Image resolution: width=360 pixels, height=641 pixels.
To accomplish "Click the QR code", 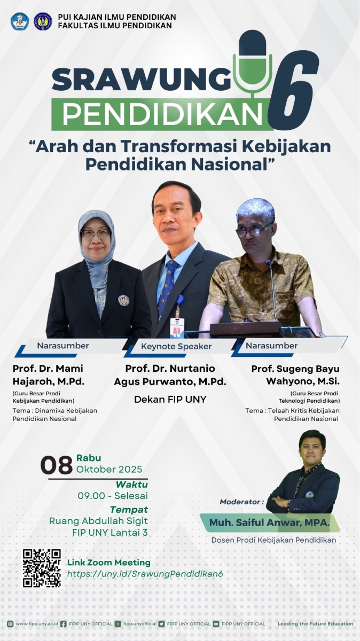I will (42, 568).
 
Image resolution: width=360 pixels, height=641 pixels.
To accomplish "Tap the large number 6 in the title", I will (292, 91).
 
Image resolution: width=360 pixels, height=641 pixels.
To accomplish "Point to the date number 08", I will (57, 465).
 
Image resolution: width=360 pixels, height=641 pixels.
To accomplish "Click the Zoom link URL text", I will (144, 573).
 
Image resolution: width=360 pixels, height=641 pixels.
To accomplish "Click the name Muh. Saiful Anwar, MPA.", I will (269, 522).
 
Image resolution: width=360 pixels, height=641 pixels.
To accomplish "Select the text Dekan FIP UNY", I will (170, 399).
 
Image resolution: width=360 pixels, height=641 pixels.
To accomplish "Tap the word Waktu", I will (131, 484).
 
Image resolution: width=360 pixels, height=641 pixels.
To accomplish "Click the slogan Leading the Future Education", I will (315, 623).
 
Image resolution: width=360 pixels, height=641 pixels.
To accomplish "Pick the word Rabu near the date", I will (89, 458).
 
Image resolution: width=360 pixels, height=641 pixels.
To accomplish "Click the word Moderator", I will (241, 502).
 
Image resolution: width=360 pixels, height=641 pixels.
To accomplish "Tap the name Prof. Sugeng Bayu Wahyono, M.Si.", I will (295, 375).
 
